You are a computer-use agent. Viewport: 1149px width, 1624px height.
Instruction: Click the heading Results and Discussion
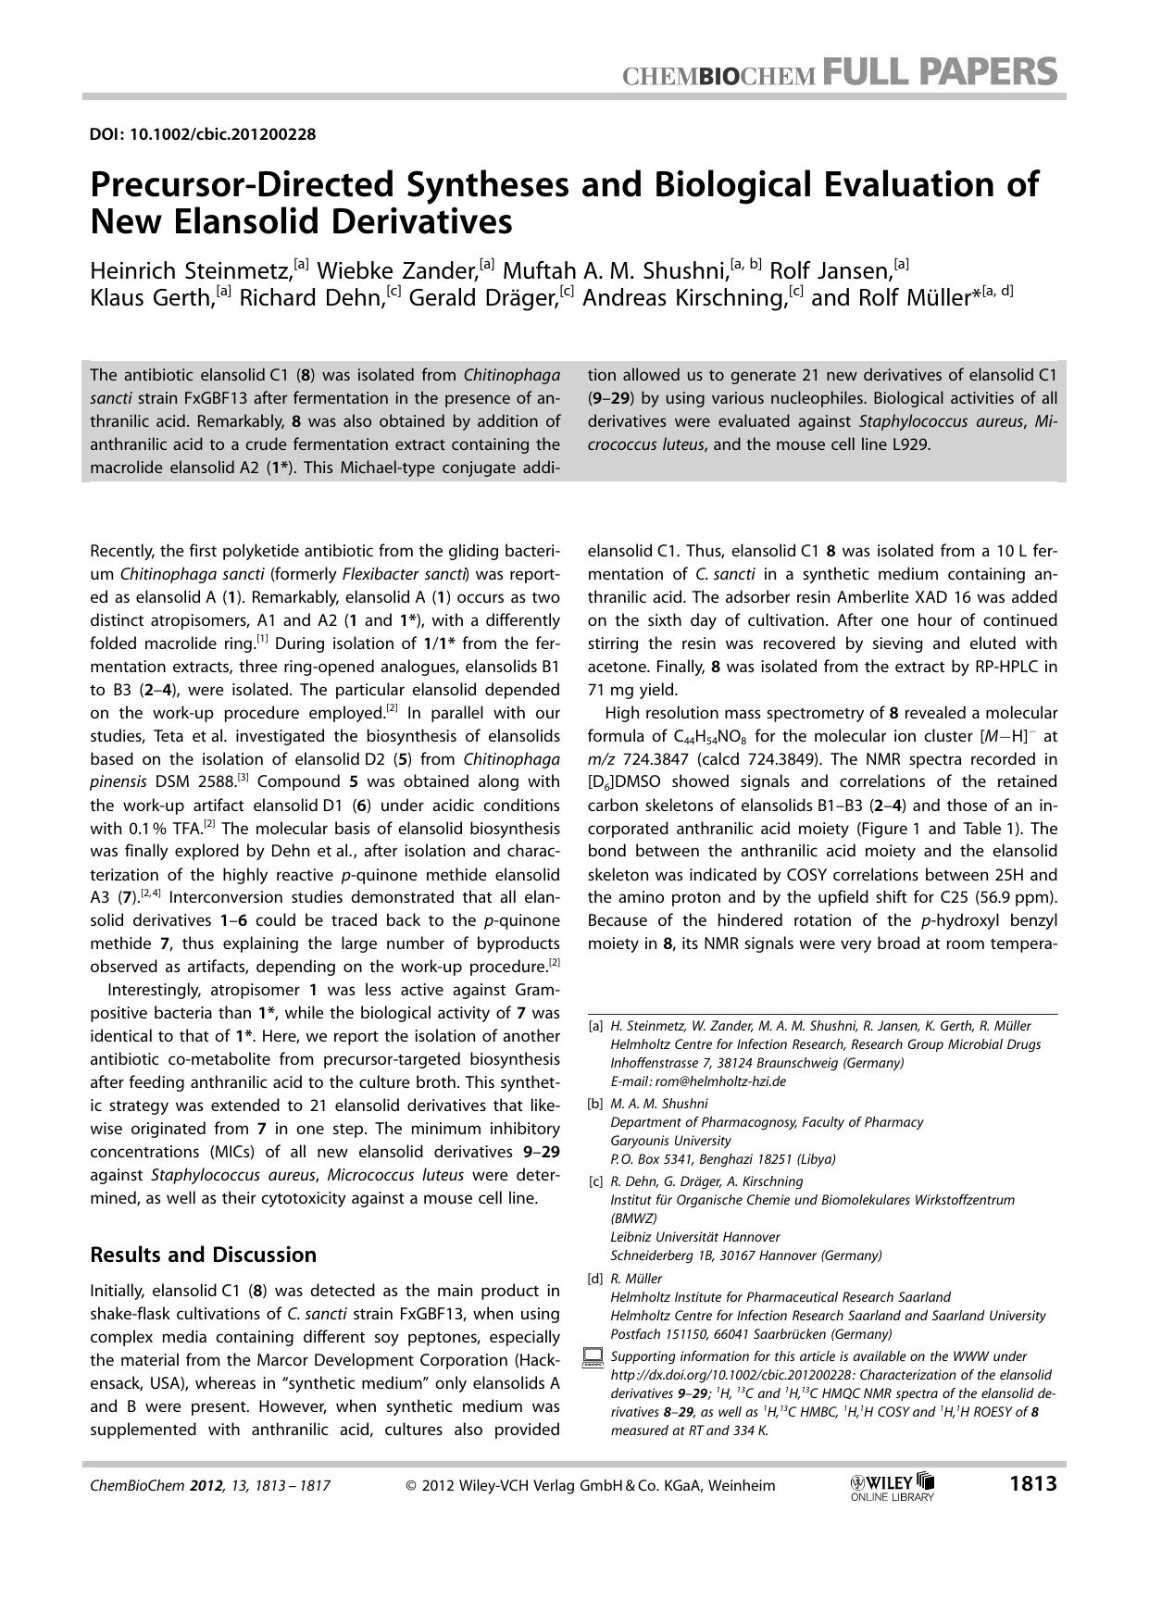[x=203, y=1255]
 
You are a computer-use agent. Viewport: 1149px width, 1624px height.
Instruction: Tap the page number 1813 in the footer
[x=1032, y=1484]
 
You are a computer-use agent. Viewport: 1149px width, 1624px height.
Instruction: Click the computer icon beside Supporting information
[x=593, y=1358]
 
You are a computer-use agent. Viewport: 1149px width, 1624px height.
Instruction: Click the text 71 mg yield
[x=631, y=690]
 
